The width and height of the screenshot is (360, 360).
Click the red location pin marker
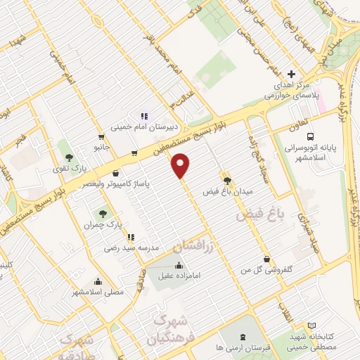coord(181,166)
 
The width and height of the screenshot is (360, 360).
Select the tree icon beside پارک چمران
coord(103,212)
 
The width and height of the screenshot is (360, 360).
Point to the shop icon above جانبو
coord(103,136)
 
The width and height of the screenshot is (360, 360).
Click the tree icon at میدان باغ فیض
coord(226,179)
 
